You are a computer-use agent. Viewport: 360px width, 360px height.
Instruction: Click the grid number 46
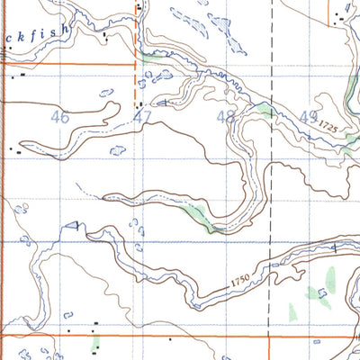pos(61,117)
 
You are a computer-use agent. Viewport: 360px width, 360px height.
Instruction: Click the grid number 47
pos(141,117)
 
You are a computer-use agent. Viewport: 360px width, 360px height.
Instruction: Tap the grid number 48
pos(226,117)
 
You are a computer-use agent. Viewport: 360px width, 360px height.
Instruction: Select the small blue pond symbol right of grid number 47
pos(162,104)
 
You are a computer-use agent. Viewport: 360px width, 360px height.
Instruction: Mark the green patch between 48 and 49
pos(264,110)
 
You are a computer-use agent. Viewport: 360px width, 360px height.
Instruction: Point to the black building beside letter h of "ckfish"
pos(106,37)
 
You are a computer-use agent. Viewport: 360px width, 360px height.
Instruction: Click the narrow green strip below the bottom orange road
pos(94,345)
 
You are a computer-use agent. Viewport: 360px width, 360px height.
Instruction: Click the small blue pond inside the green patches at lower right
pos(321,292)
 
